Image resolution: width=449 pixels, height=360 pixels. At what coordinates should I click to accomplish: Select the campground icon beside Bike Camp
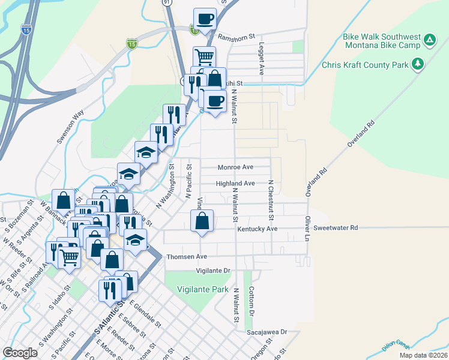point(429,40)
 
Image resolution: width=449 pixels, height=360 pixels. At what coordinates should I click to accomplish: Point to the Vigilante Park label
point(203,289)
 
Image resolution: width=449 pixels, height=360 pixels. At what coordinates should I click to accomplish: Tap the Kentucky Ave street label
point(257,229)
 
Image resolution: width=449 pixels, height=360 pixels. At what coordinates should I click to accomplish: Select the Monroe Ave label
point(235,167)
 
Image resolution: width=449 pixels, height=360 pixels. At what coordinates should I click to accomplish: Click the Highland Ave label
point(236,183)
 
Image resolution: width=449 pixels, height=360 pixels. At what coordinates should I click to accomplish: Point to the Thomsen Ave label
point(186,256)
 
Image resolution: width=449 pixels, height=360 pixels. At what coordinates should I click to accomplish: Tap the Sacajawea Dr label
point(267,331)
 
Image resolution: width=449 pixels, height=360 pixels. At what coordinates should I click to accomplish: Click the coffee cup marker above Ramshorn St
point(204,19)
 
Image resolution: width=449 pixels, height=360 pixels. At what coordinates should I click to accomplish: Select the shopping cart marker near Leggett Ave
point(204,58)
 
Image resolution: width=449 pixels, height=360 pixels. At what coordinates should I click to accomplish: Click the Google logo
point(20,352)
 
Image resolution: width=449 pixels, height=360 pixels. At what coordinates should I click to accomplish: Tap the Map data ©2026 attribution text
point(424,355)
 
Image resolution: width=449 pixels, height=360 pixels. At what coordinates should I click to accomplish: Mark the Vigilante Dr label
point(209,271)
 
